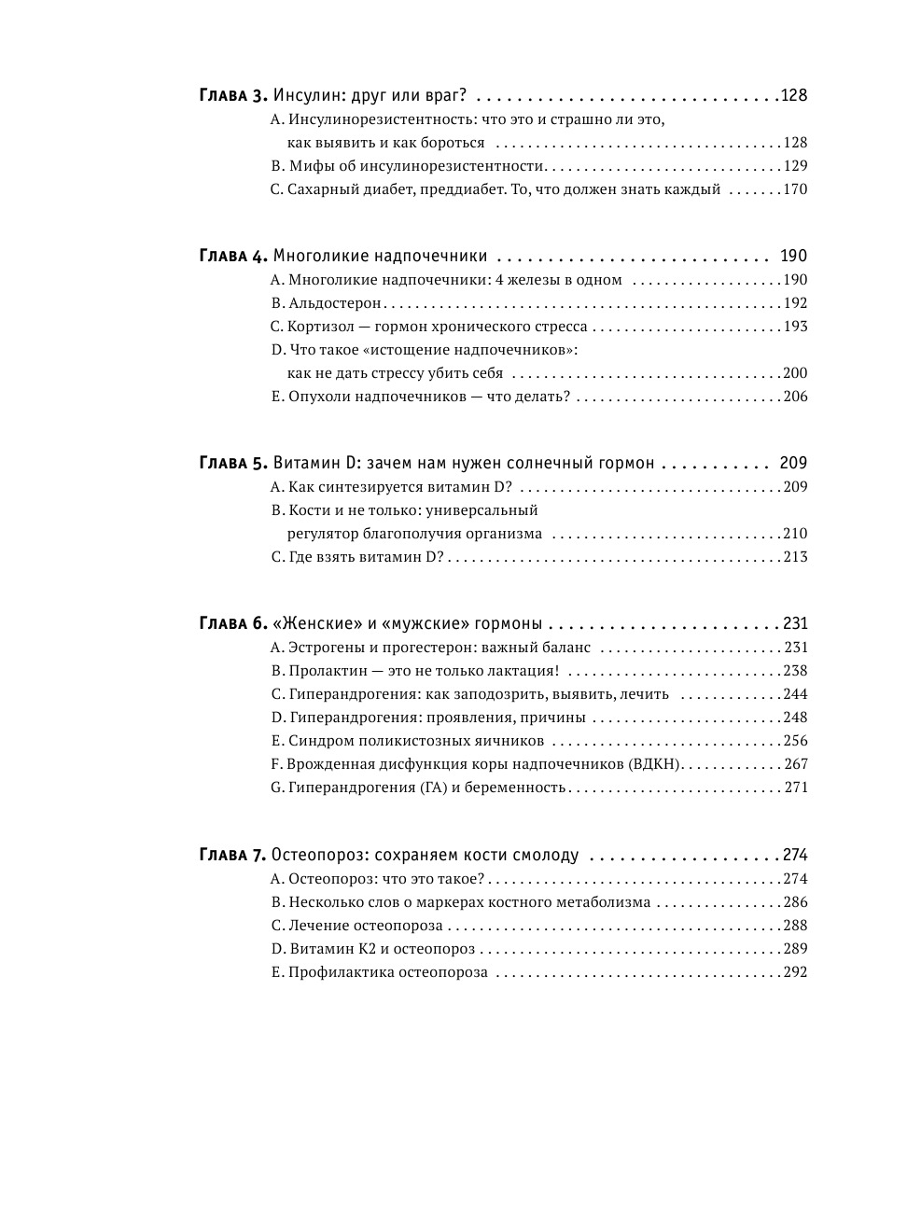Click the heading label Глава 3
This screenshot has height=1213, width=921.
(x=233, y=95)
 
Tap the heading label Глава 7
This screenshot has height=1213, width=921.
(x=233, y=855)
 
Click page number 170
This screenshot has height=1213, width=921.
(x=795, y=189)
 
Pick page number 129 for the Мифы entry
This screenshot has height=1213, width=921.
(x=795, y=166)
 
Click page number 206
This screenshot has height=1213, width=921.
(x=795, y=397)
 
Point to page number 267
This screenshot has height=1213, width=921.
(x=795, y=764)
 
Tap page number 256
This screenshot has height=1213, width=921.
(x=795, y=741)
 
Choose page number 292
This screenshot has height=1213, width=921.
(x=795, y=972)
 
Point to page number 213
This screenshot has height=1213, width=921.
(x=795, y=557)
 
